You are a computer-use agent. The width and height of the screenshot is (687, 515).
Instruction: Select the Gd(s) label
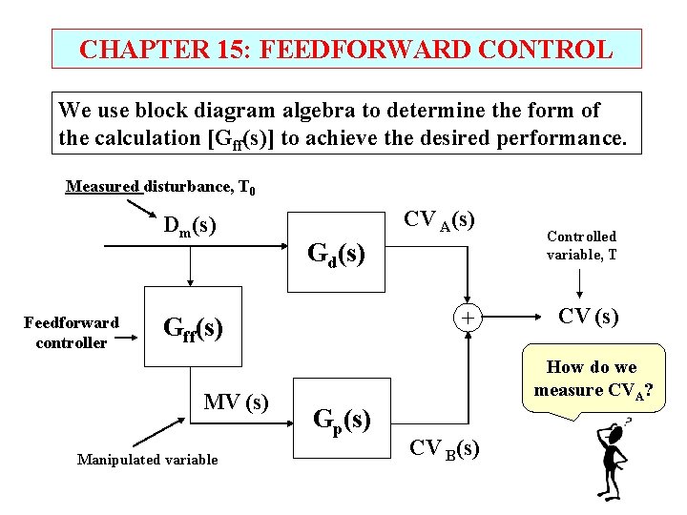coord(336,254)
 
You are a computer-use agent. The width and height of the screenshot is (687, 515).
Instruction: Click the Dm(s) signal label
coord(189,226)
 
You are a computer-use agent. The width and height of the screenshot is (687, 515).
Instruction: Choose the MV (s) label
coord(236,402)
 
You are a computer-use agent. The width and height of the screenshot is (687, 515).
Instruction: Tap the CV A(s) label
coord(440,219)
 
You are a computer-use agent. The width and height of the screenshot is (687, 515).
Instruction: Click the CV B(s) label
coord(445,447)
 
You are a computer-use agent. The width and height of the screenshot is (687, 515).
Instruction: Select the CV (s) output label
coord(589,316)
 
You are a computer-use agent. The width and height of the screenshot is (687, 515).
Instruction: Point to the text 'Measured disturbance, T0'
coord(160,187)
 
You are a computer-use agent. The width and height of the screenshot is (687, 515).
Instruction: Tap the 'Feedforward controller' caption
coord(72,332)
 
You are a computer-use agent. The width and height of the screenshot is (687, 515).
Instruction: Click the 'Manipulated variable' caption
coord(147,460)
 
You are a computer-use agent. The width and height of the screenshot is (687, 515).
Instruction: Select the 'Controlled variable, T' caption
coord(581,245)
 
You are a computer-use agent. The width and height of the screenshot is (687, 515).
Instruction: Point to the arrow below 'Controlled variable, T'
coord(581,282)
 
